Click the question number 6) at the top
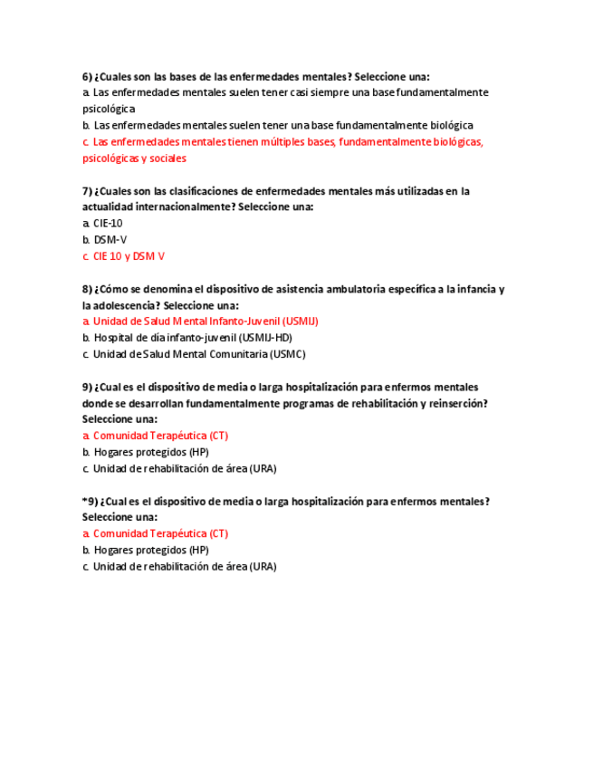pos(87,76)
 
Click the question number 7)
pos(87,191)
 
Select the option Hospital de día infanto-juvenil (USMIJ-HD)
pos(191,337)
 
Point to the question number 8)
pos(87,289)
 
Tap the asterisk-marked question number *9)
pos(90,501)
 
